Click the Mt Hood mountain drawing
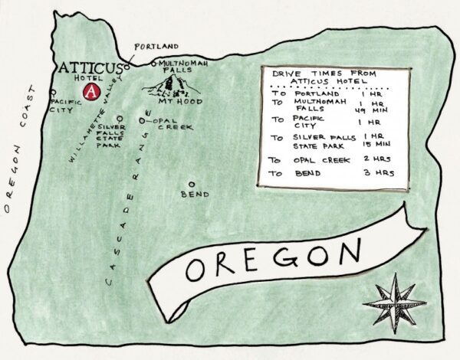pos(173,83)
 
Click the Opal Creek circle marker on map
pos(143,120)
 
